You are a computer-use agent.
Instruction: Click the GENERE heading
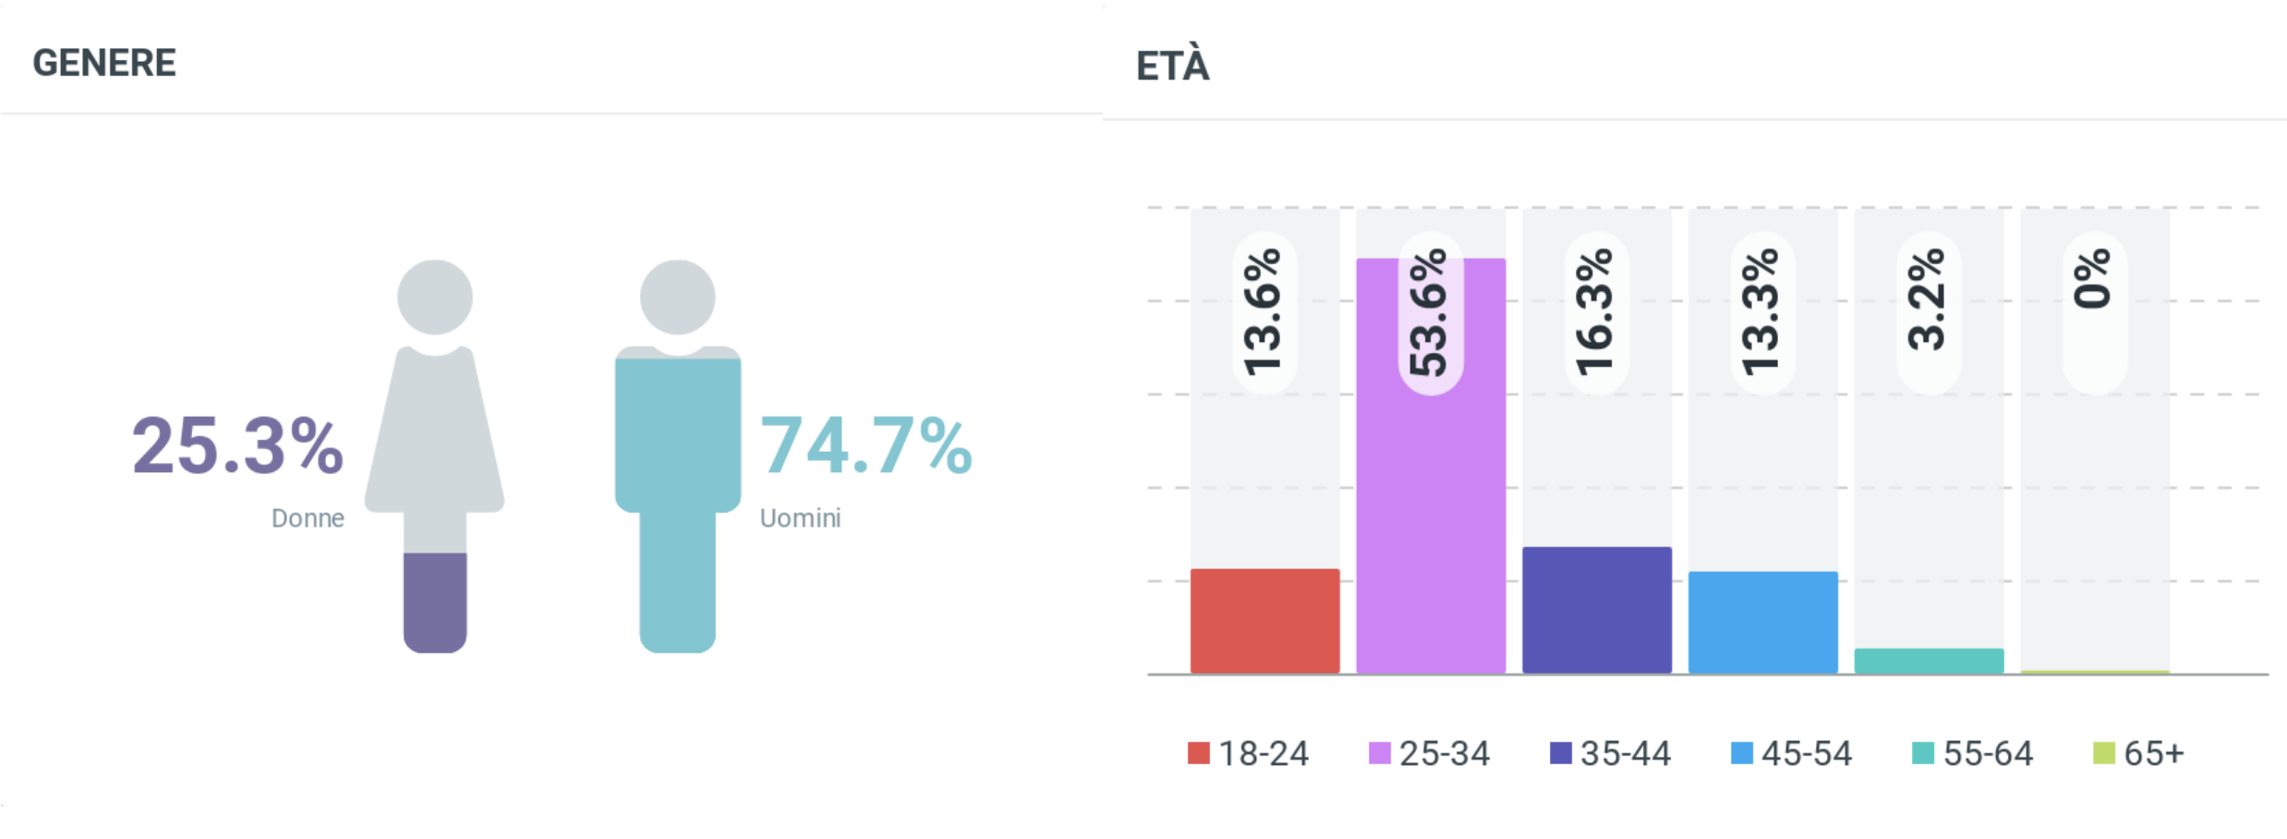[104, 63]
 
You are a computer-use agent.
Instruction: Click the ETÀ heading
[1172, 67]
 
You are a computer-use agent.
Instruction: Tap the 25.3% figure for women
[237, 446]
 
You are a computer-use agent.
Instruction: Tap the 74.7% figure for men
[865, 446]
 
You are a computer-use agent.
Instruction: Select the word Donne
[308, 518]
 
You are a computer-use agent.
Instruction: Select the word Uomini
[800, 518]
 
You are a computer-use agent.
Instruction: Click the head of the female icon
[435, 297]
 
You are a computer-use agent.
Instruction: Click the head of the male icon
[678, 297]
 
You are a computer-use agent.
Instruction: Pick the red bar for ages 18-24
[1265, 621]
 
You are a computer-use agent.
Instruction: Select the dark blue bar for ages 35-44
[1597, 610]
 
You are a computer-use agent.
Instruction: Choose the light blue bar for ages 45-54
[1763, 622]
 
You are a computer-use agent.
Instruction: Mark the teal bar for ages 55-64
[1929, 661]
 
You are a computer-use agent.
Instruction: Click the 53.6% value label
[1430, 312]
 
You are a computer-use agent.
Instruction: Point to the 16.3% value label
[1596, 312]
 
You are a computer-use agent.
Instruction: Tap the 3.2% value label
[1929, 300]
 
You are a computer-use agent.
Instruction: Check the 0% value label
[2095, 279]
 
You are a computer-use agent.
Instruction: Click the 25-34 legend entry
[1430, 754]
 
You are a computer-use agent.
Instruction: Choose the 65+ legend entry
[2139, 754]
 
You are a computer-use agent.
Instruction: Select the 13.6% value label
[1265, 312]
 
